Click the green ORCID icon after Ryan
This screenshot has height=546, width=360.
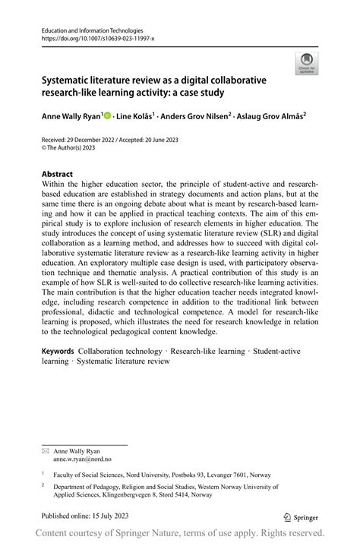106,116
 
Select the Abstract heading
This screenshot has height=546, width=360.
58,174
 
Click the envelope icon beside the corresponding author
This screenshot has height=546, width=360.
46,430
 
